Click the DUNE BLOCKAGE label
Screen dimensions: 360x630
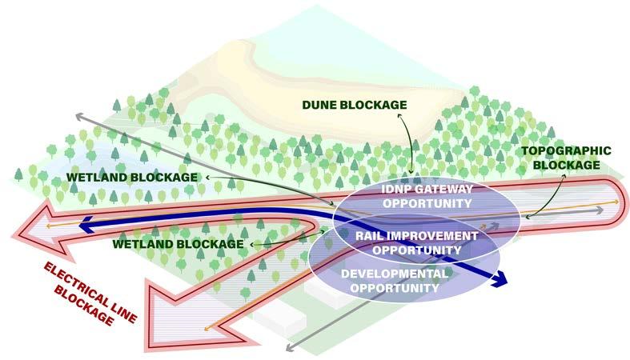click(354, 106)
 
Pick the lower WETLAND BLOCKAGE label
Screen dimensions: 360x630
click(178, 243)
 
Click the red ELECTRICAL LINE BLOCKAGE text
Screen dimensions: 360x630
click(84, 291)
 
